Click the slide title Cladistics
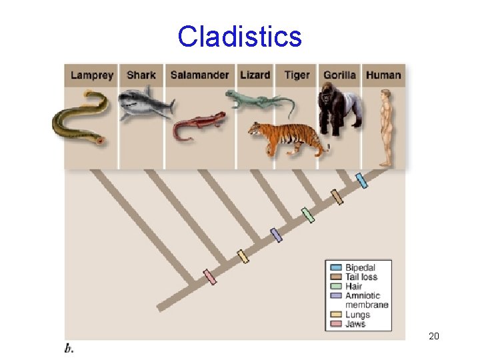239,36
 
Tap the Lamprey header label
92,75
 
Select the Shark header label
141,75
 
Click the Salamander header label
199,75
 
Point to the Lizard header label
255,75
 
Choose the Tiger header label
297,75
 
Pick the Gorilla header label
339,75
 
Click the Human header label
383,75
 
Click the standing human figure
385,127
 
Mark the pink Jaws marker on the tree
210,277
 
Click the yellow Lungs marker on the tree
243,256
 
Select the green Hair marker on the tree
307,215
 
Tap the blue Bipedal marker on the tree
361,181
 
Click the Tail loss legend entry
361,277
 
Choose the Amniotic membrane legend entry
363,300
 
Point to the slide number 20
434,336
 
